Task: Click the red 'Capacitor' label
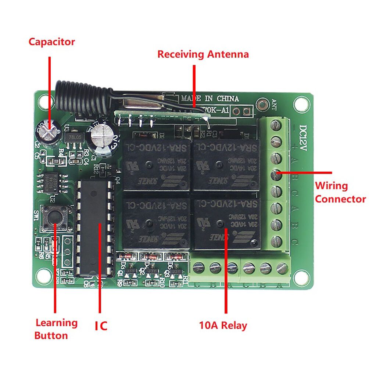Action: [x=51, y=42]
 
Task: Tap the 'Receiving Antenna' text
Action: [x=203, y=54]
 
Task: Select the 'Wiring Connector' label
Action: [x=340, y=192]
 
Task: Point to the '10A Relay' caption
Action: [x=223, y=325]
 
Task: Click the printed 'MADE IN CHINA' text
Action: [x=209, y=98]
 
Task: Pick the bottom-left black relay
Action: [x=156, y=224]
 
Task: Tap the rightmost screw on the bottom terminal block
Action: [x=282, y=268]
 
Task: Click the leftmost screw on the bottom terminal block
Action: [x=198, y=268]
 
